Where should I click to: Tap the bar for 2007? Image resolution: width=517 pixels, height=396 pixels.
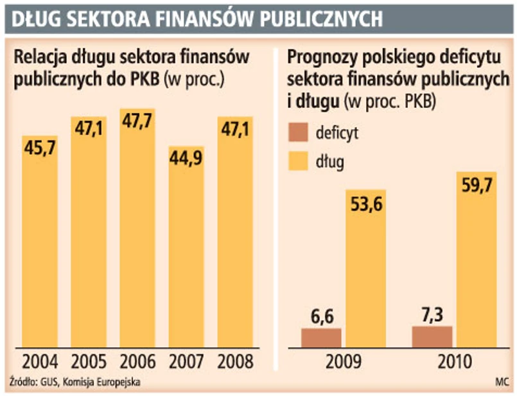[186, 257]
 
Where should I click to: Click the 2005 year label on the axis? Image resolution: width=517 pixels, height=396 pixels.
[88, 361]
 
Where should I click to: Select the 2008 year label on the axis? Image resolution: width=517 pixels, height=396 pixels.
[235, 361]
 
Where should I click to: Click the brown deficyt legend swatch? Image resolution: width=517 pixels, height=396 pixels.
[301, 134]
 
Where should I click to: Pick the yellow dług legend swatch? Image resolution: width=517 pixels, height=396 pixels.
[301, 162]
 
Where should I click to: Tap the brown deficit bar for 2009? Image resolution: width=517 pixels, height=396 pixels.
[321, 338]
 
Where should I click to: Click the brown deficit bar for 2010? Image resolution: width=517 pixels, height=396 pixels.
[432, 336]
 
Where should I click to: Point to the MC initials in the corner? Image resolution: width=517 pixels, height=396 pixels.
[502, 383]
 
